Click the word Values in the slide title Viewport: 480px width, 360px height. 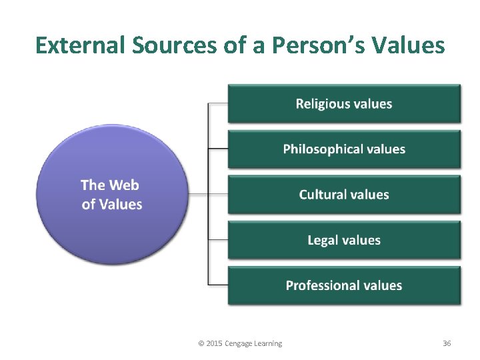click(411, 45)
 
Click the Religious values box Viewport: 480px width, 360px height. click(344, 103)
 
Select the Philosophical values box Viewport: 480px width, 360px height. click(344, 149)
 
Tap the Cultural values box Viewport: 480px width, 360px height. click(344, 195)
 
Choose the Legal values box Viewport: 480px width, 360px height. click(344, 240)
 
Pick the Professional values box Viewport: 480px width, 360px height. click(344, 285)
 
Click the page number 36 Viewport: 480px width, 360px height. click(447, 343)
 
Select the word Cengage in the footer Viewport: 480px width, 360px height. click(239, 343)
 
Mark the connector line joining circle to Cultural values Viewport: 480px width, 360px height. click(208, 195)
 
